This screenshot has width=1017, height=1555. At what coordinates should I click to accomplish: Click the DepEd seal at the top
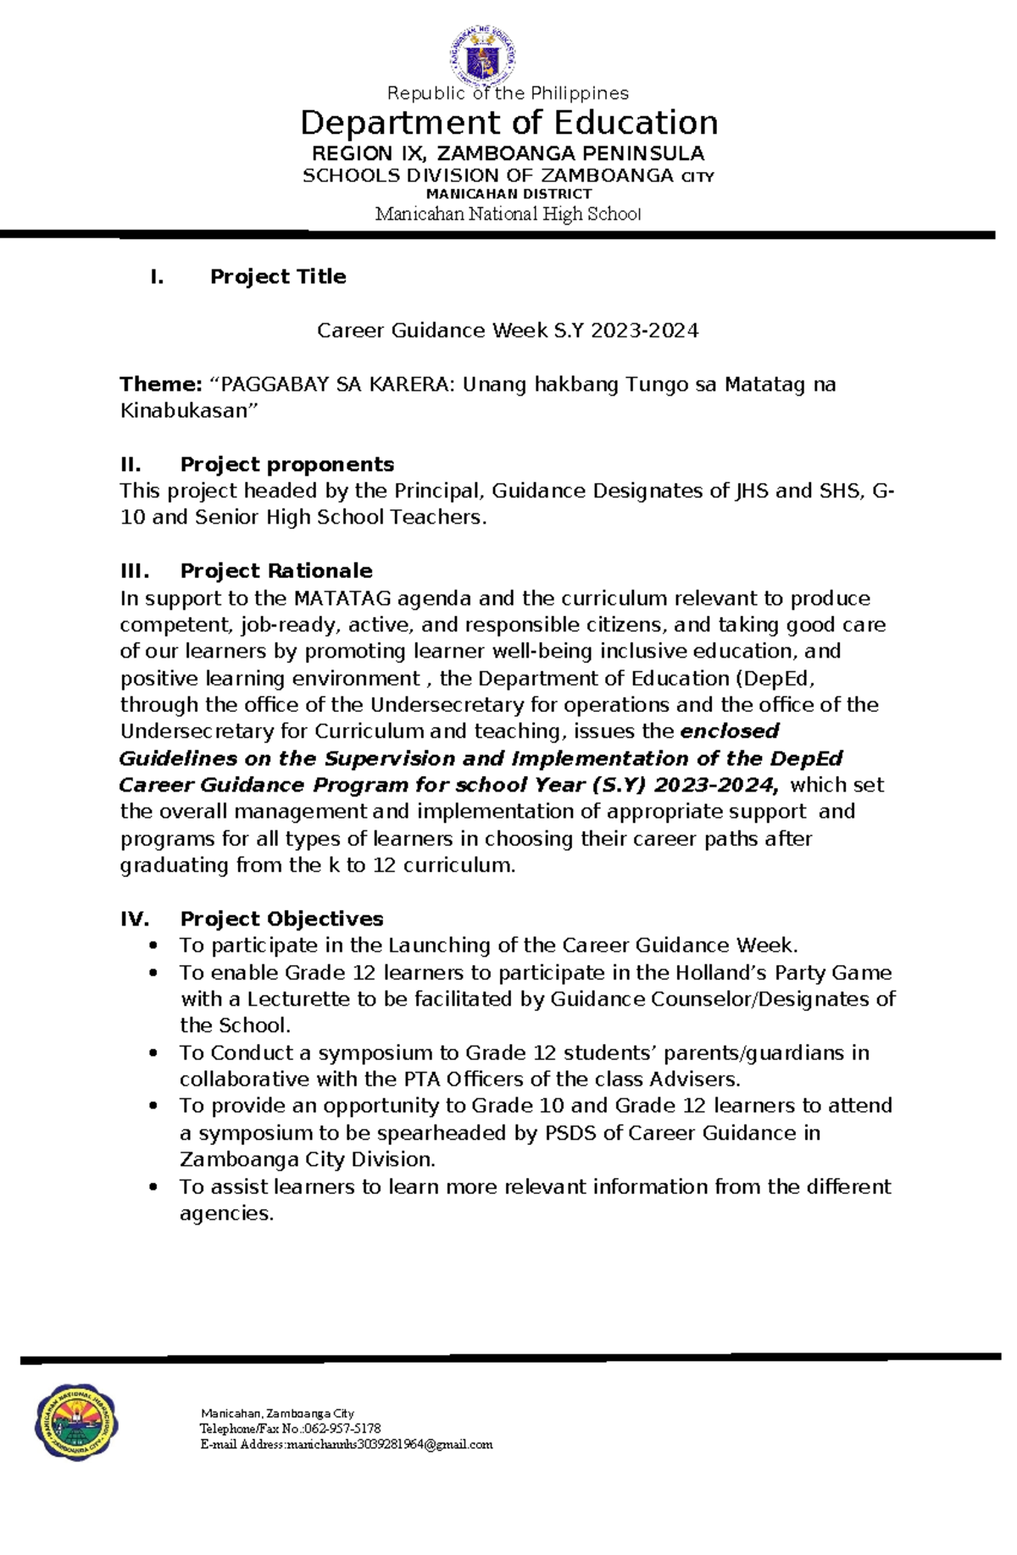[x=481, y=55]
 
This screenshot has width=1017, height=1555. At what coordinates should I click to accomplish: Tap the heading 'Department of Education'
[x=508, y=123]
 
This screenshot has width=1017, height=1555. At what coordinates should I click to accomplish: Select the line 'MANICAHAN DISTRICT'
[x=508, y=194]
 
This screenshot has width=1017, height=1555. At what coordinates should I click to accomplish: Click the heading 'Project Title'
[x=278, y=277]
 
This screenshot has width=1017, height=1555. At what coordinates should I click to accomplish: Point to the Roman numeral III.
[x=134, y=571]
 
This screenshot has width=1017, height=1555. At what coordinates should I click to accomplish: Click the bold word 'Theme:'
[x=161, y=385]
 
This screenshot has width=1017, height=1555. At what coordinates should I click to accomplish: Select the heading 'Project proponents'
[x=286, y=464]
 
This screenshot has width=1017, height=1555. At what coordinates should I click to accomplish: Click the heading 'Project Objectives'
[x=281, y=919]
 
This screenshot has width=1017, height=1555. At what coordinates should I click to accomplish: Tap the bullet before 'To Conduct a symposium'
[x=153, y=1053]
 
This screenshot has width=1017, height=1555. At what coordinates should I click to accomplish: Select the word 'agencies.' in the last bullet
[x=226, y=1213]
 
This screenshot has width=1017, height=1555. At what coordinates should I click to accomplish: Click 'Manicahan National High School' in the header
[x=508, y=214]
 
